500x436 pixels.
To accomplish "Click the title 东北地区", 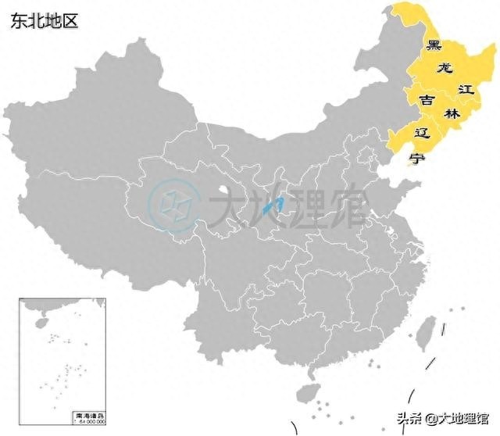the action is [45, 21].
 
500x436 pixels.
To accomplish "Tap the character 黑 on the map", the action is [434, 45].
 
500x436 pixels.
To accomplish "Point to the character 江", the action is [466, 90].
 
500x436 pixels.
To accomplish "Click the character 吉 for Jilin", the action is [427, 100].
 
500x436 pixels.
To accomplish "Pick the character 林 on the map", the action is [451, 113].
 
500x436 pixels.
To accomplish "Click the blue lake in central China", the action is [271, 207].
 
